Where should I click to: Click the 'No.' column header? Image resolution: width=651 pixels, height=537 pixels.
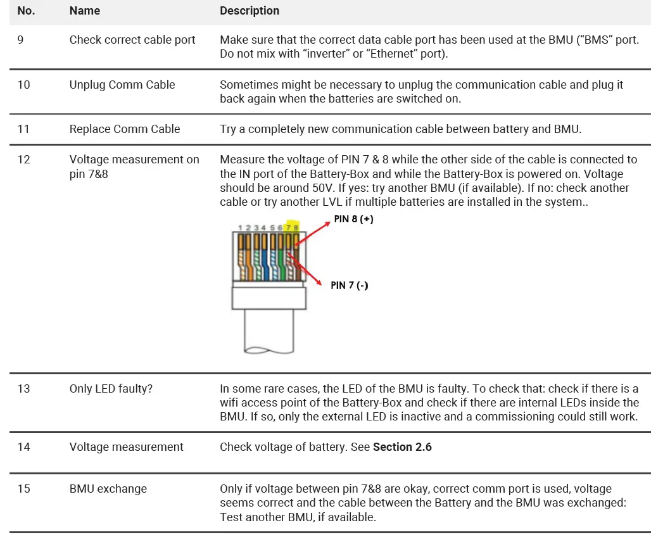[26, 11]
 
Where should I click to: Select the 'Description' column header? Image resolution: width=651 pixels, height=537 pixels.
[250, 11]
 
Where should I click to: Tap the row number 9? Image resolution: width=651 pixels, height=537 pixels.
[20, 40]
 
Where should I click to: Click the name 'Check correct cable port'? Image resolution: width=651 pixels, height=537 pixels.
[132, 40]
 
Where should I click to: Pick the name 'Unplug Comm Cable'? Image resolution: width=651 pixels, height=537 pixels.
[122, 85]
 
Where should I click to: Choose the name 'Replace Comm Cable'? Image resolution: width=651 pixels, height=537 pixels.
[125, 129]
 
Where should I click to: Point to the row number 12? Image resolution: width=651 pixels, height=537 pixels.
[23, 160]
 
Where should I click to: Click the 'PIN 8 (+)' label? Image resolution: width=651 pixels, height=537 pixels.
[353, 220]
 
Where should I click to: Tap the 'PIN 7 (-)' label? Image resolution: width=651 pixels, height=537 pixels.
[349, 286]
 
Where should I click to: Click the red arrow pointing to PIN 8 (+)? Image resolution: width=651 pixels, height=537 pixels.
[313, 233]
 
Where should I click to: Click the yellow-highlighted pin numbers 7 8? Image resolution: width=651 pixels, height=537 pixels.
[292, 227]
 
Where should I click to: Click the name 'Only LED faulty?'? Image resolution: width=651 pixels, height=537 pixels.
[111, 389]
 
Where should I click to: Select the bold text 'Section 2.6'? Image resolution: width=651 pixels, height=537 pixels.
[402, 447]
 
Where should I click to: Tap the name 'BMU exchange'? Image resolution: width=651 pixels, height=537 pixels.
[108, 489]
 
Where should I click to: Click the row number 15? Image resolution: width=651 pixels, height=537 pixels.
[23, 489]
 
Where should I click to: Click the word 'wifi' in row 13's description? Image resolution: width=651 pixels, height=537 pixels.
[231, 403]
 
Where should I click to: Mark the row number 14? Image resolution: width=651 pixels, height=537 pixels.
[23, 447]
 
